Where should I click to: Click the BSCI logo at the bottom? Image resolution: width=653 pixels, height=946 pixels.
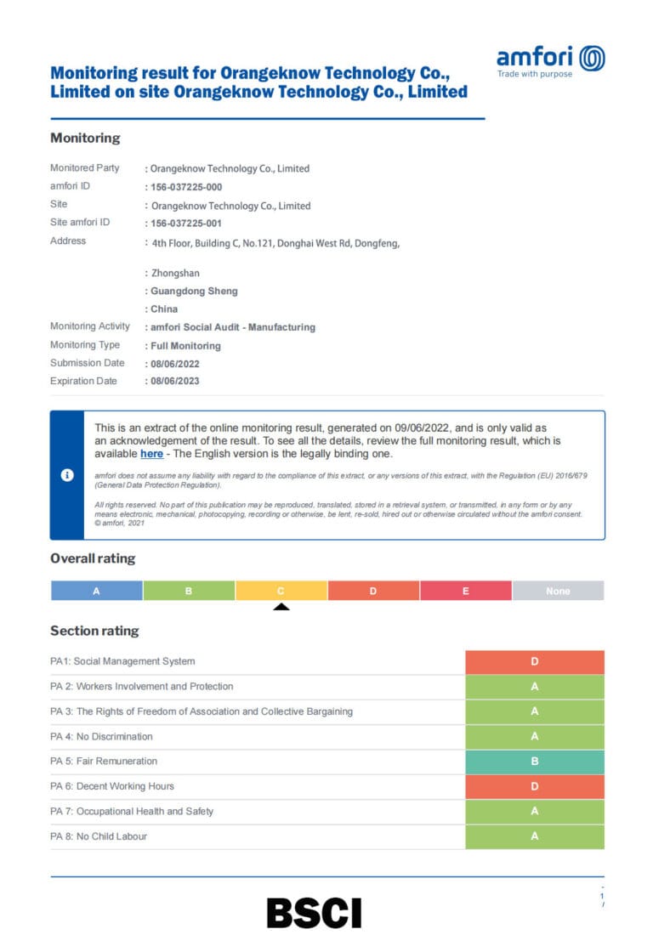tap(314, 912)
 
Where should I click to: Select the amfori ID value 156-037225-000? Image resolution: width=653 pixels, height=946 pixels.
tap(186, 187)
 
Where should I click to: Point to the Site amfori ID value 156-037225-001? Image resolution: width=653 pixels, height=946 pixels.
tap(186, 224)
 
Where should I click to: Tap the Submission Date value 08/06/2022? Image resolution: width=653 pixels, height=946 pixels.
tap(175, 364)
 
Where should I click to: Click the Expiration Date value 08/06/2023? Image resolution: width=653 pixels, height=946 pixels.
tap(175, 382)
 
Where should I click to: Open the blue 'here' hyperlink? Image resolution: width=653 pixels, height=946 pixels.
tap(151, 454)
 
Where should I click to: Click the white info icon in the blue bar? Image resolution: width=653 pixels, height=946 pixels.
tap(67, 475)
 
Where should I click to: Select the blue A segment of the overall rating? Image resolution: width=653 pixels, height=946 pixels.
tap(96, 591)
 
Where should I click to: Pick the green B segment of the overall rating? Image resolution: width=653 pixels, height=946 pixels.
tap(189, 591)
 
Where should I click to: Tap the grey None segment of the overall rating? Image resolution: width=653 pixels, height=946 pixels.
tap(558, 591)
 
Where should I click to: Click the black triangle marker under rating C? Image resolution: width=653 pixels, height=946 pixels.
tap(281, 607)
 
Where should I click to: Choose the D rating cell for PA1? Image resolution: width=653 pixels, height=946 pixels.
tap(535, 662)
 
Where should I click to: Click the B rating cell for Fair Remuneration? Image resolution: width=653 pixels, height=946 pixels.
tap(535, 762)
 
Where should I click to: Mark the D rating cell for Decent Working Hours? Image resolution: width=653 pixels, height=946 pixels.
tap(535, 786)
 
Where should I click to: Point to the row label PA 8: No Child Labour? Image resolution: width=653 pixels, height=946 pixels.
tap(99, 836)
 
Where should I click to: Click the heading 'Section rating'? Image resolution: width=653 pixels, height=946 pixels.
tap(94, 631)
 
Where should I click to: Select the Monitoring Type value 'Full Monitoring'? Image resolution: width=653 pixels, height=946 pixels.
tap(185, 346)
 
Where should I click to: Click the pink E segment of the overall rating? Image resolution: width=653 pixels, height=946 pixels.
tap(465, 591)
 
